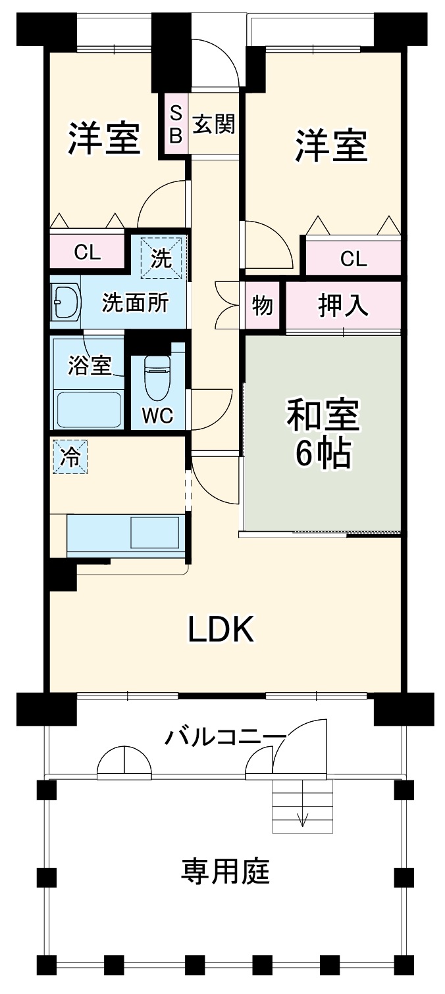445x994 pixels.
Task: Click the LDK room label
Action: point(221,630)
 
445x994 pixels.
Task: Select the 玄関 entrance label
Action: point(213,123)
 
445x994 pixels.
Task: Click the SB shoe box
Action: point(176,124)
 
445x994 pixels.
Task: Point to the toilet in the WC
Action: point(157,379)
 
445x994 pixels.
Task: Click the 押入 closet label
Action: point(343,305)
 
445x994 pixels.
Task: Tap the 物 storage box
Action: point(263,306)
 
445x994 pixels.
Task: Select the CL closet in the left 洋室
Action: point(87,252)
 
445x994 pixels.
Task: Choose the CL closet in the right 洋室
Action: point(353,258)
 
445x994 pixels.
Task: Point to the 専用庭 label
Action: point(225,872)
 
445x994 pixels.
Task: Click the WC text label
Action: point(157,415)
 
